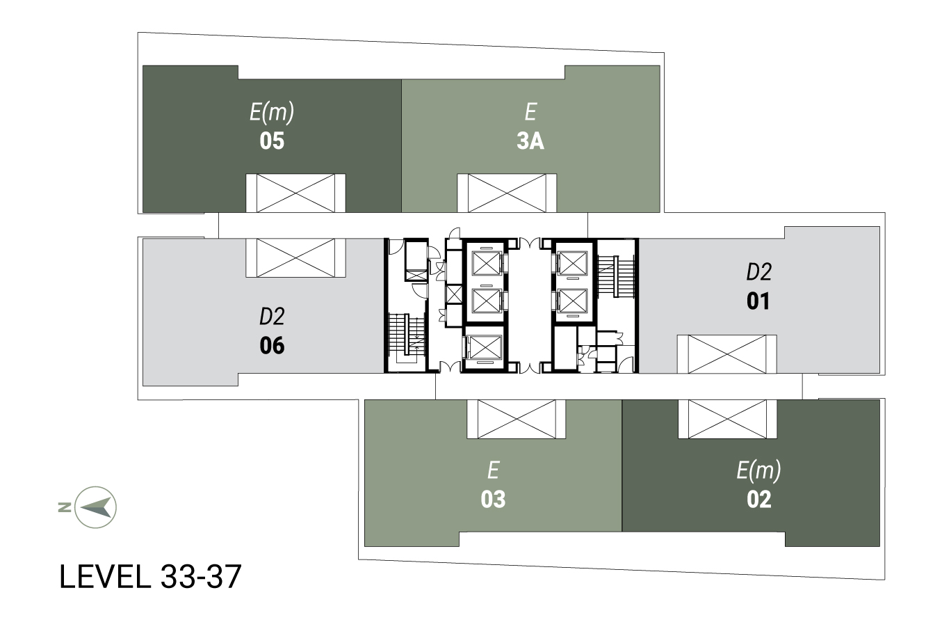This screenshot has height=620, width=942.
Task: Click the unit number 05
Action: (x=272, y=141)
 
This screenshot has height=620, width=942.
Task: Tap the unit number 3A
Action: (x=530, y=141)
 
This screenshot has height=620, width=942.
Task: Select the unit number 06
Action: (x=272, y=346)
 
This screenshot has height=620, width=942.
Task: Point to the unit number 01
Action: (x=758, y=301)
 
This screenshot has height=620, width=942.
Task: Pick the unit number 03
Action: (x=493, y=500)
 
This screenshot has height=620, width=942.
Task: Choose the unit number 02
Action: (x=759, y=500)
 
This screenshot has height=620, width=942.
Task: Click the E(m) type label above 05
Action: (x=272, y=113)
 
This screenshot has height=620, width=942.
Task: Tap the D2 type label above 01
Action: (x=759, y=272)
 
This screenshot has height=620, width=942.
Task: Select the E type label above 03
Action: (x=494, y=470)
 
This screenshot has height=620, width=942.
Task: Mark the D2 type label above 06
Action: (x=272, y=317)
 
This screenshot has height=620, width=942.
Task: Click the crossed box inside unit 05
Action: (x=295, y=193)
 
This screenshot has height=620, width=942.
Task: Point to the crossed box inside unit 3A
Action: (x=507, y=193)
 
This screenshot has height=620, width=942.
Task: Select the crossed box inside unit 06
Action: (x=295, y=257)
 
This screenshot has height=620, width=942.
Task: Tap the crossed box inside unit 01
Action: (x=726, y=354)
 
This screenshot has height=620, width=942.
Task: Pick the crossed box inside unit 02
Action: (x=727, y=419)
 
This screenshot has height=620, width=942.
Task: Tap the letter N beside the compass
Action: (x=65, y=507)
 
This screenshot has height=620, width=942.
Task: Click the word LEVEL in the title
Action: (x=105, y=577)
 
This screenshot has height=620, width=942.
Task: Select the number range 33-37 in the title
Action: (x=201, y=577)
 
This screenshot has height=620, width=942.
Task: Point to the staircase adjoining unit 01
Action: (x=615, y=276)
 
